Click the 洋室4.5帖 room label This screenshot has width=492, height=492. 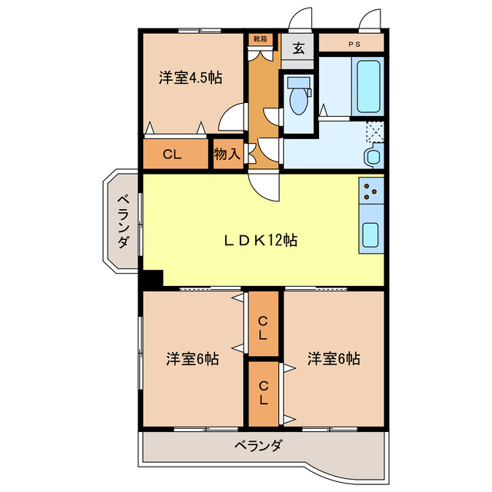(191, 78)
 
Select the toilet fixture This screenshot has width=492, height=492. (297, 94)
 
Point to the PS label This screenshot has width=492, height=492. (354, 45)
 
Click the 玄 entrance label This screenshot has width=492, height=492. (298, 48)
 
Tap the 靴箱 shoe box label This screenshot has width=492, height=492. (261, 38)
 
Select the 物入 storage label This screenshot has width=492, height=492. (227, 154)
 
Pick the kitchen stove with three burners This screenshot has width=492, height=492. (371, 190)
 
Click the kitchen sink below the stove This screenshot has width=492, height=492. (371, 233)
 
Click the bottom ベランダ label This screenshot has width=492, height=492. (258, 445)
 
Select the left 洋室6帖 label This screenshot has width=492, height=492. (193, 358)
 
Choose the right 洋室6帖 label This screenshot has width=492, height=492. (334, 358)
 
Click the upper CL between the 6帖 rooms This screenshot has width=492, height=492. (263, 328)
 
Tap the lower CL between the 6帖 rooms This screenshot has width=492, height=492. (263, 393)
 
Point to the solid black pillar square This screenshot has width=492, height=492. (152, 279)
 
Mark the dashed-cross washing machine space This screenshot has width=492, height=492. (374, 132)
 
